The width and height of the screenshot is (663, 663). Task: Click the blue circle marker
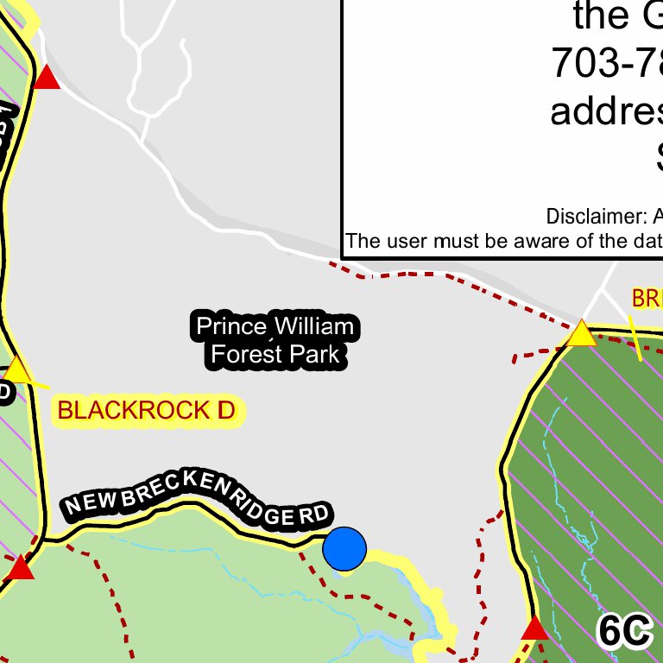344,549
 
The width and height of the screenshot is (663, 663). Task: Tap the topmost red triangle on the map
47,78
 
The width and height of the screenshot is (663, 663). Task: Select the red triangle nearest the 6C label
535,628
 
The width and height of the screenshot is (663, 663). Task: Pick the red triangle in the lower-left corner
21,568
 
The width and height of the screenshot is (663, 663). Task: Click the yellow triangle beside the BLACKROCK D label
17,369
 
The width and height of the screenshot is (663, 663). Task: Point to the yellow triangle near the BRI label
582,333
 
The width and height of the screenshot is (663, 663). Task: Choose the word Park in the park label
315,354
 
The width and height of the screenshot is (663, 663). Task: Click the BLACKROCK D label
147,411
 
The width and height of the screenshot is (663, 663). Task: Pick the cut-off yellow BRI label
647,299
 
